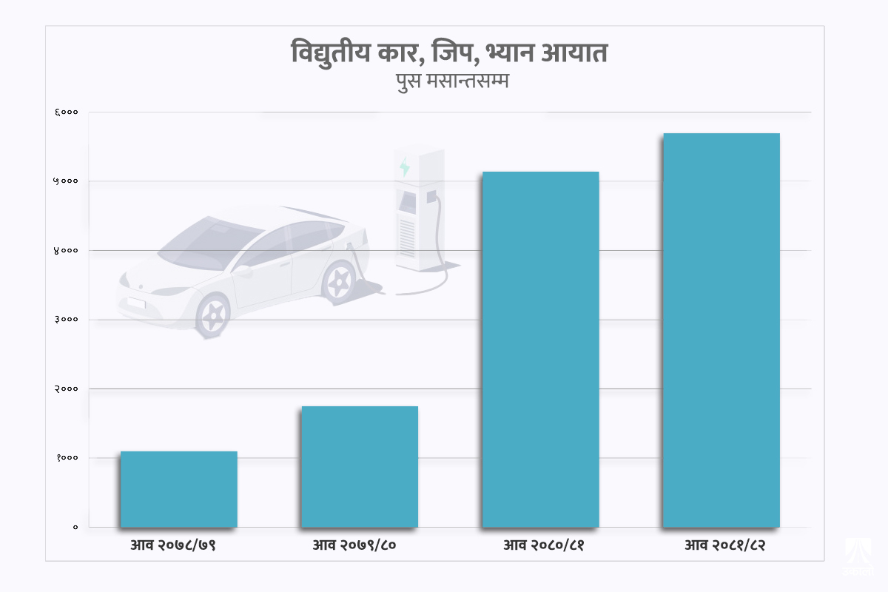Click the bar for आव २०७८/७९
coord(178,489)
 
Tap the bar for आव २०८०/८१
coord(540,349)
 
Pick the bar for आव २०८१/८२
coord(721,330)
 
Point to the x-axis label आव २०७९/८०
coord(354,546)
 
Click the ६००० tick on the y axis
coord(67,112)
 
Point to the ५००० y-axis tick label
coord(67,181)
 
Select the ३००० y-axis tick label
coord(67,320)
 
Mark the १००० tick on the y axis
coord(67,458)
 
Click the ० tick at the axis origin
coord(75,527)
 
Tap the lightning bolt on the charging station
coord(405,167)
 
